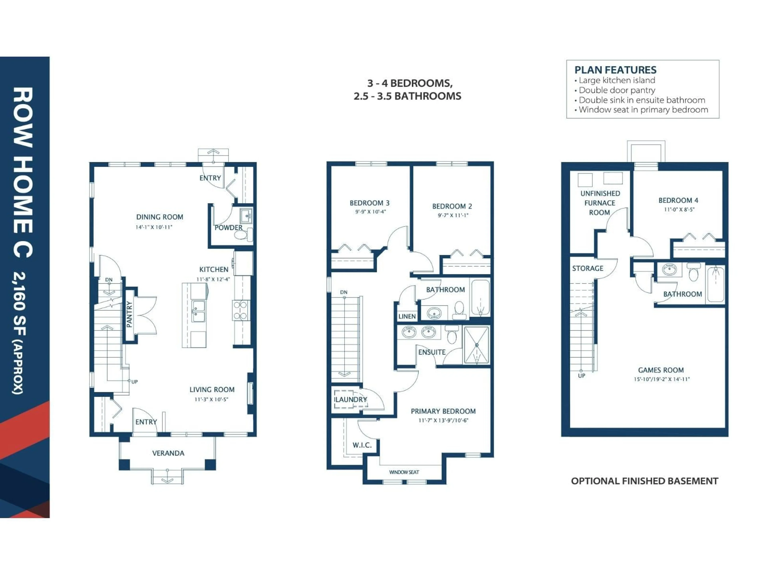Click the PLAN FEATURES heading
(x=615, y=70)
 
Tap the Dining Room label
(x=160, y=217)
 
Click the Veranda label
(x=168, y=453)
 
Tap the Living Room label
(x=212, y=390)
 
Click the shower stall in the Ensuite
(x=476, y=345)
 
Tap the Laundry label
(x=351, y=400)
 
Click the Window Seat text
(x=404, y=472)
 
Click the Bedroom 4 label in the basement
(x=678, y=200)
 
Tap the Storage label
(x=587, y=268)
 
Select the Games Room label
(x=661, y=370)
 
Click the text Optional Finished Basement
(x=644, y=481)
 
